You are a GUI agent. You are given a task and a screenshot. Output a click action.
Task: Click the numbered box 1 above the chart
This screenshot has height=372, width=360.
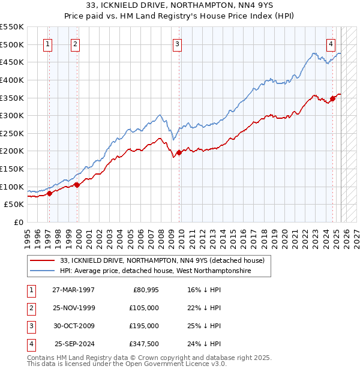pyautogui.click(x=47, y=43)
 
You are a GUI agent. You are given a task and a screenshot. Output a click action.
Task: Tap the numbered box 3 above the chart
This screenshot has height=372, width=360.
pyautogui.click(x=178, y=43)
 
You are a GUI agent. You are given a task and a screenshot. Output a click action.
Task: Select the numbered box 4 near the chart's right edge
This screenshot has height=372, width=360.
pyautogui.click(x=331, y=43)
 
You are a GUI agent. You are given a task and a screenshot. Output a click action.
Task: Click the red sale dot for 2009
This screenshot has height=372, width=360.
pyautogui.click(x=179, y=152)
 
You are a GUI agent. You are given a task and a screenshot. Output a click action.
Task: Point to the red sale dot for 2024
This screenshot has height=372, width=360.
pyautogui.click(x=333, y=98)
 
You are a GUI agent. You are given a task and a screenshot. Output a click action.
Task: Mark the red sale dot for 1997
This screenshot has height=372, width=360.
pyautogui.click(x=50, y=193)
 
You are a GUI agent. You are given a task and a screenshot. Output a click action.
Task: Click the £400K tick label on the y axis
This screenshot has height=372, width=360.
pyautogui.click(x=12, y=80)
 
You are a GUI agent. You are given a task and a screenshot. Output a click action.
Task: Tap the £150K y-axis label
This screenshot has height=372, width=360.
pyautogui.click(x=12, y=169)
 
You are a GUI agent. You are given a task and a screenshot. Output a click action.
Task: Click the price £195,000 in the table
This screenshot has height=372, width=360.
pyautogui.click(x=145, y=326)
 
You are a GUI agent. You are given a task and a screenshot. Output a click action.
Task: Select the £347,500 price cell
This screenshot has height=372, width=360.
pyautogui.click(x=145, y=344)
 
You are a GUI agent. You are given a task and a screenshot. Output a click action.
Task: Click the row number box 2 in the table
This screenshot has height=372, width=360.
pyautogui.click(x=31, y=308)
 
